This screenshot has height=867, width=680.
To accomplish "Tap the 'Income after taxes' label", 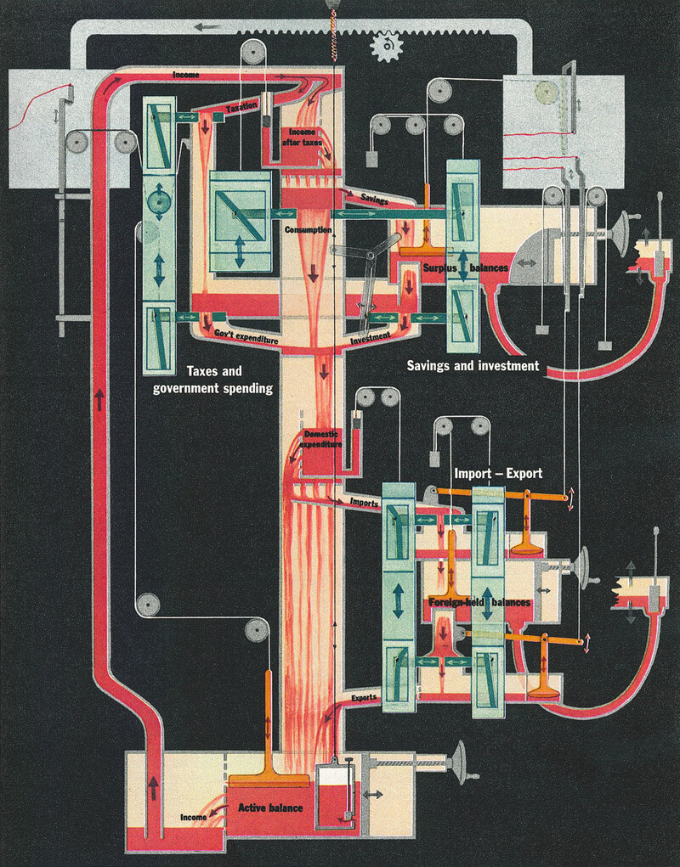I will coord(302,138).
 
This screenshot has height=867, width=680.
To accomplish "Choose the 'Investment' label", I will coord(370,337).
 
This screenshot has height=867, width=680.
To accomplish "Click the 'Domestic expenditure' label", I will coord(322,439).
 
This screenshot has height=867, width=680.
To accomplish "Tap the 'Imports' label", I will coord(364,503).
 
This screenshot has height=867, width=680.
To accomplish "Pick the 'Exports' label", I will coord(364,698).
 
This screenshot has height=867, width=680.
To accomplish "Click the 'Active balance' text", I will coord(270,808).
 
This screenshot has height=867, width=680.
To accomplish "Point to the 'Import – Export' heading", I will coord(497,473).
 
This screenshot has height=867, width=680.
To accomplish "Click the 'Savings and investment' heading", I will coord(473,366).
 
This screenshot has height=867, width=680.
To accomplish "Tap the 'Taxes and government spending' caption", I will coord(212,380).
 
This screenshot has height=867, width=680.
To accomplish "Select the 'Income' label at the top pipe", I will coord(186,76).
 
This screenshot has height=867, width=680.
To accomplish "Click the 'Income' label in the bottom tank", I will coord(194,817).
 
